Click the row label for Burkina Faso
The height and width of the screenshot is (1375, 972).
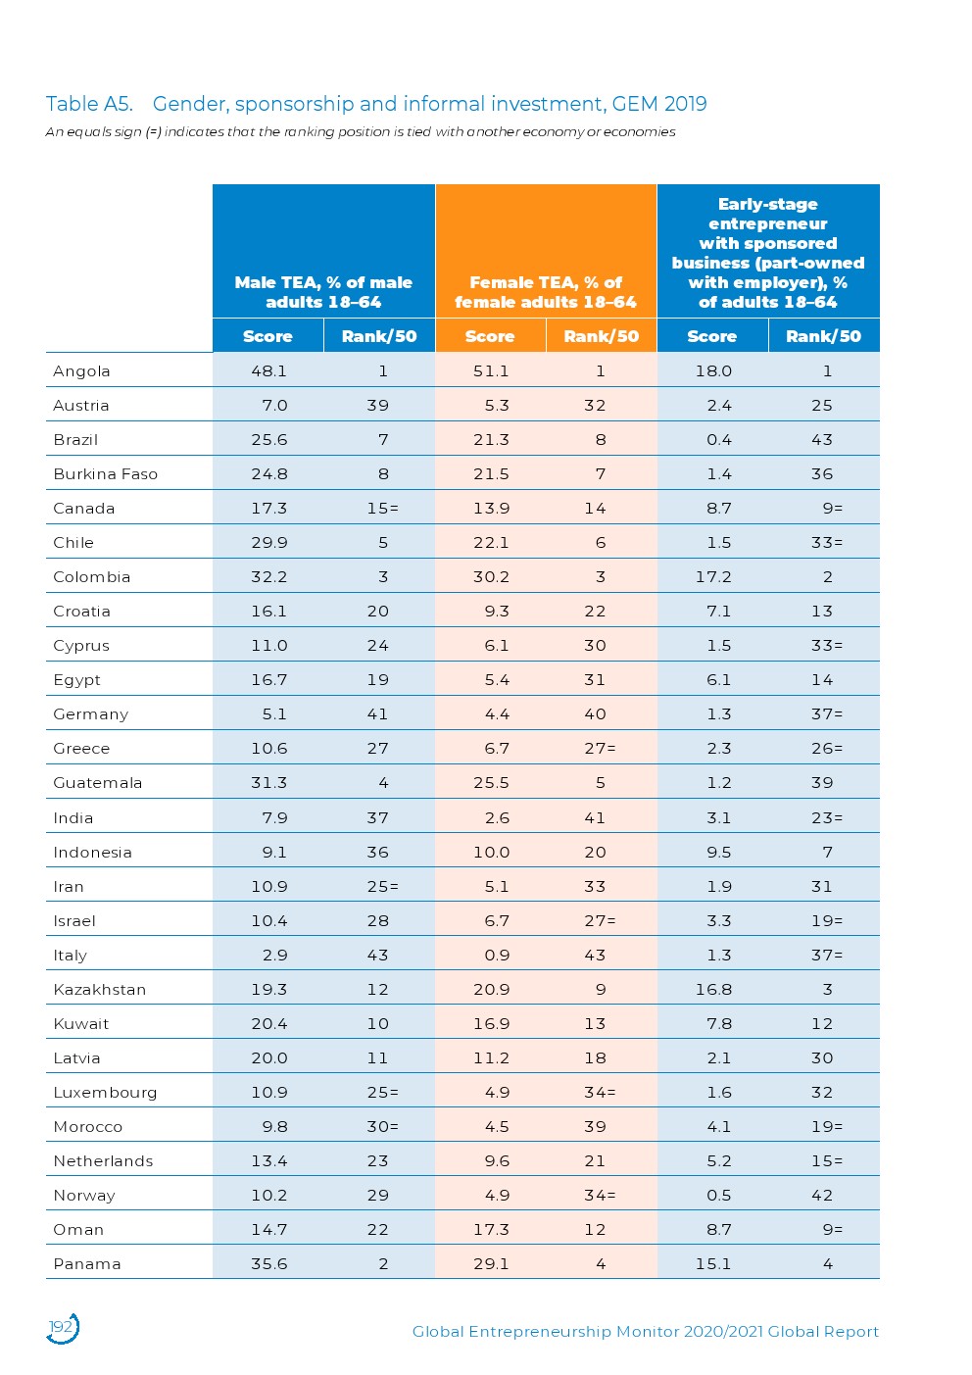105,474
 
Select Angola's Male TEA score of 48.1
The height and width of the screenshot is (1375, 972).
268,371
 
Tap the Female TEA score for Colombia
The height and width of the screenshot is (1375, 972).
491,577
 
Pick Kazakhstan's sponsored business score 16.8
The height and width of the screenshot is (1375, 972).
713,990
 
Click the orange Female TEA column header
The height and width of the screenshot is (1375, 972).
546,292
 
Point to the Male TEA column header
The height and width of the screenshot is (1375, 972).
323,292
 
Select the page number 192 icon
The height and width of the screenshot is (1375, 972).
62,1328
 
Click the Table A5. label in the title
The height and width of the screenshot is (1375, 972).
88,104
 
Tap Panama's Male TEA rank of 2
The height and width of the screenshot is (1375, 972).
383,1264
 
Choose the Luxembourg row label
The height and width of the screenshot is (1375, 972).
105,1093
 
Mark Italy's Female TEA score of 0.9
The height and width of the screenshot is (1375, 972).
497,956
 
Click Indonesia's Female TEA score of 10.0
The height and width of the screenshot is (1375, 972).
491,853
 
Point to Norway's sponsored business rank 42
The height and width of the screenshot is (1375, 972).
822,1196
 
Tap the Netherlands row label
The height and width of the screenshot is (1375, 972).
103,1161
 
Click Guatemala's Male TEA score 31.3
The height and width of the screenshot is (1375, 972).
268,783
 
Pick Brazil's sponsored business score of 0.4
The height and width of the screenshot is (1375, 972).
719,440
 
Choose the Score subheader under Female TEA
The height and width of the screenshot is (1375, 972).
490,336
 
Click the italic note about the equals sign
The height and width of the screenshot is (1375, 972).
360,132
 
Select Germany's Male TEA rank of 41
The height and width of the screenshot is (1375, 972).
377,714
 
